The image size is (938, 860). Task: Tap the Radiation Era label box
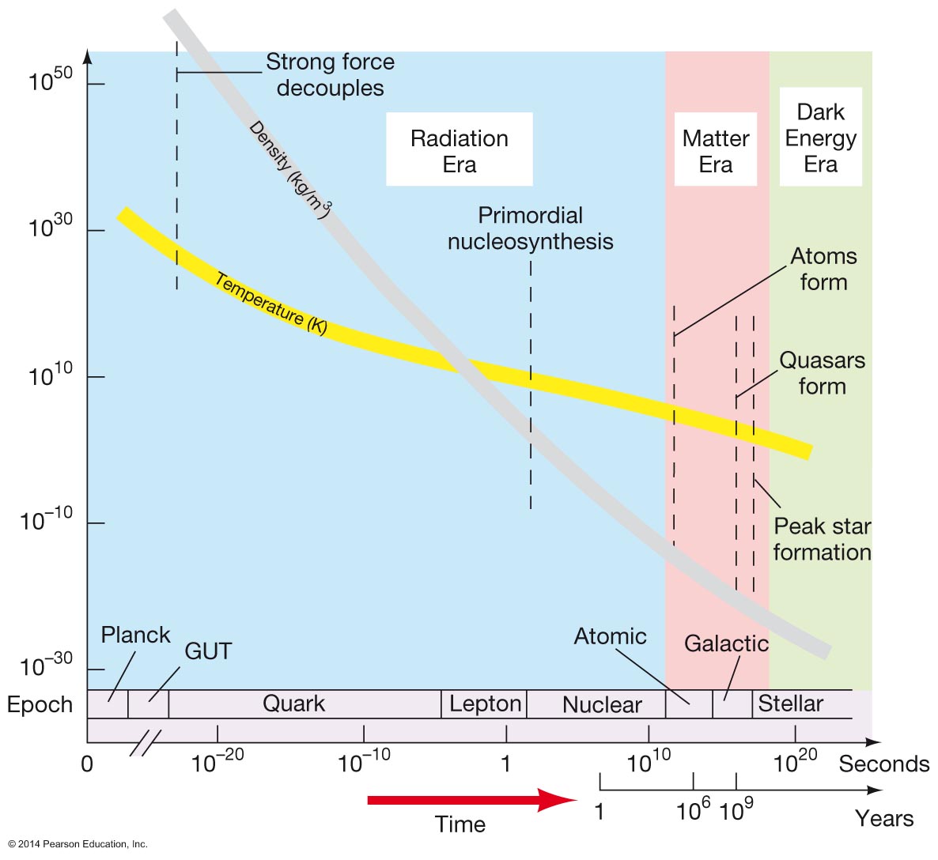pos(460,150)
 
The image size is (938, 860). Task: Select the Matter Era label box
pos(716,150)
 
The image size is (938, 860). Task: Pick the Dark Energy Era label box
pos(820,138)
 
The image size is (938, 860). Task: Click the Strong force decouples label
pos(330,75)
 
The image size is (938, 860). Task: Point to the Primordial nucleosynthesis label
pos(531,228)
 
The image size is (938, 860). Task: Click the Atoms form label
pos(823,269)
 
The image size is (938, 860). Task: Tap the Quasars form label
pos(822,373)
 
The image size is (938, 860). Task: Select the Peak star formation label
pos(822,539)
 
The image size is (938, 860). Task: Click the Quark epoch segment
pos(294,703)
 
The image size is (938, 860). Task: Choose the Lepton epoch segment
pos(485,703)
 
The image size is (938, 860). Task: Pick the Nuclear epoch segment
pos(602,704)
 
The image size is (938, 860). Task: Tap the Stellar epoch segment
pos(791,703)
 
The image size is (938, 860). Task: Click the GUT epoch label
pos(208,651)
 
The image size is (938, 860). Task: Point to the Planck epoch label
pos(135,635)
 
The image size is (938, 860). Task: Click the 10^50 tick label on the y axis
pos(50,80)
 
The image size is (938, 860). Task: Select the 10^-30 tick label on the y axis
pos(46,666)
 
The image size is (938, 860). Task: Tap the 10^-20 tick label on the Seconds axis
pos(217,762)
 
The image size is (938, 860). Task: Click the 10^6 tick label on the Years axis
pos(693,810)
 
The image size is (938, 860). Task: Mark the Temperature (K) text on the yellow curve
pos(270,304)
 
